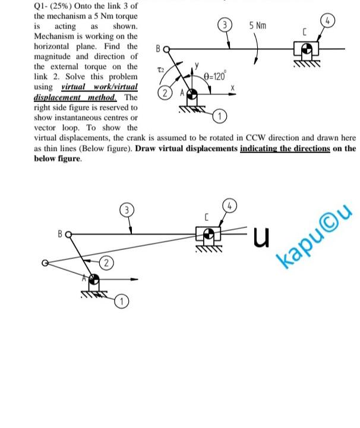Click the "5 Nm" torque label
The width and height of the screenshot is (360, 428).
click(x=258, y=26)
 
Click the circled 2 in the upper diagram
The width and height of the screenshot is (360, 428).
click(x=165, y=94)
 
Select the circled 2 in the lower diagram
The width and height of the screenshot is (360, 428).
click(x=105, y=262)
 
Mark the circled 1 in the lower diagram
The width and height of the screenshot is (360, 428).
click(x=122, y=302)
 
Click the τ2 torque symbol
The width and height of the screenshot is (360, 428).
click(x=160, y=70)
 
